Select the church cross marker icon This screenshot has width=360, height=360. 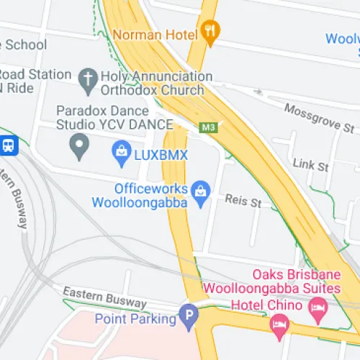(x=88, y=81)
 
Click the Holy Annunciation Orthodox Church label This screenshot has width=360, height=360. (x=157, y=84)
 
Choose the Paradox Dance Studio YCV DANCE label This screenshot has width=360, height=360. (x=114, y=118)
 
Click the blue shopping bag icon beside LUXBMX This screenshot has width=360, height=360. (x=120, y=152)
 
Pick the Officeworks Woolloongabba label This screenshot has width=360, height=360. (x=140, y=196)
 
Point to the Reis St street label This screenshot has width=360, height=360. (x=243, y=202)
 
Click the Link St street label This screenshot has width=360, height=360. (x=310, y=165)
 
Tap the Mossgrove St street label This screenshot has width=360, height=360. (x=319, y=117)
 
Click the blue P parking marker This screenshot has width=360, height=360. (x=189, y=315)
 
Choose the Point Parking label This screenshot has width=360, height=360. (x=135, y=318)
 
